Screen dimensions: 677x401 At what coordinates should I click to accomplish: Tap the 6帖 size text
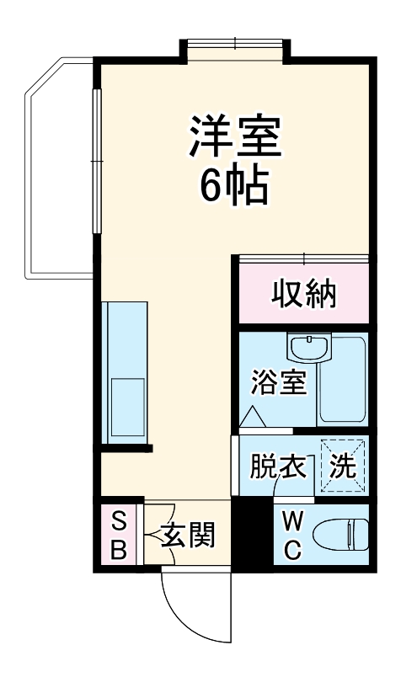pos(234,187)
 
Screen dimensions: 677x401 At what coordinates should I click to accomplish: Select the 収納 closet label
pos(303,294)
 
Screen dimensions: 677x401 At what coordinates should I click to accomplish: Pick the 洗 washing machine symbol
pos(342,468)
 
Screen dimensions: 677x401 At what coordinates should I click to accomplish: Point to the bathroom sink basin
pos(309,348)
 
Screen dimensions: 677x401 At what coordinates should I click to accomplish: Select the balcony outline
pos(46,168)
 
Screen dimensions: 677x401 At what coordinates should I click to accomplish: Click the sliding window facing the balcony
pos(97,168)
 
